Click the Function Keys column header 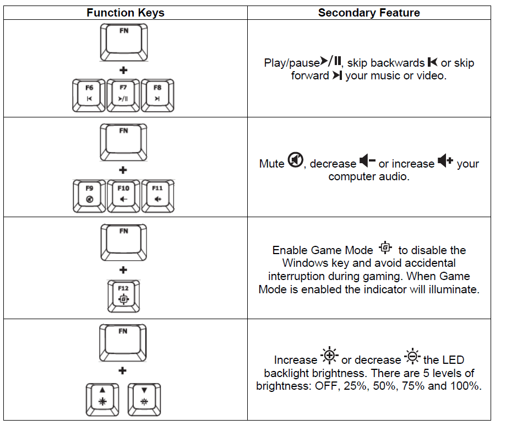tap(125, 13)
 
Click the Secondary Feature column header tap(369, 13)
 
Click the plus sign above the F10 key tap(123, 170)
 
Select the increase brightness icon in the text tap(329, 357)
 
